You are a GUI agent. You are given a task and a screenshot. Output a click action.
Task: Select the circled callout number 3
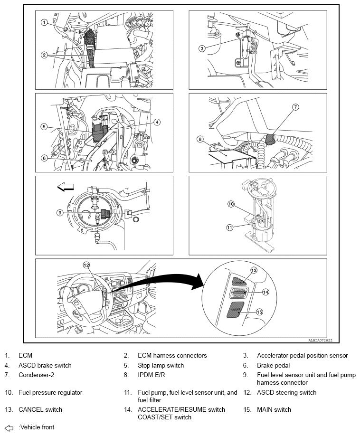[x=202, y=48]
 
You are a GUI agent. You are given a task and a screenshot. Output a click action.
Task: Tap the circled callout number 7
[x=295, y=107]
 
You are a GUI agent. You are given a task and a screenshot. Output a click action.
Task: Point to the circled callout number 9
[x=60, y=213]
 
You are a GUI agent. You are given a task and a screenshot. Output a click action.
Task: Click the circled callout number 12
[x=86, y=265]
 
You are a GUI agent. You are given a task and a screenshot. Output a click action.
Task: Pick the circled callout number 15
[x=259, y=312]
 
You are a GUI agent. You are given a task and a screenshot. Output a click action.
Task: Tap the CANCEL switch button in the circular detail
[x=240, y=279]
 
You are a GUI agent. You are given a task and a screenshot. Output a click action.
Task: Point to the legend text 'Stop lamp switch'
[x=161, y=366]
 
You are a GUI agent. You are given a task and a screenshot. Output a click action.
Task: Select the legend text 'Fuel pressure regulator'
[x=50, y=393]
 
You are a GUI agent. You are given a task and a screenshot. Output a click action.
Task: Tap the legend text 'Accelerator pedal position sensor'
[x=302, y=355]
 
